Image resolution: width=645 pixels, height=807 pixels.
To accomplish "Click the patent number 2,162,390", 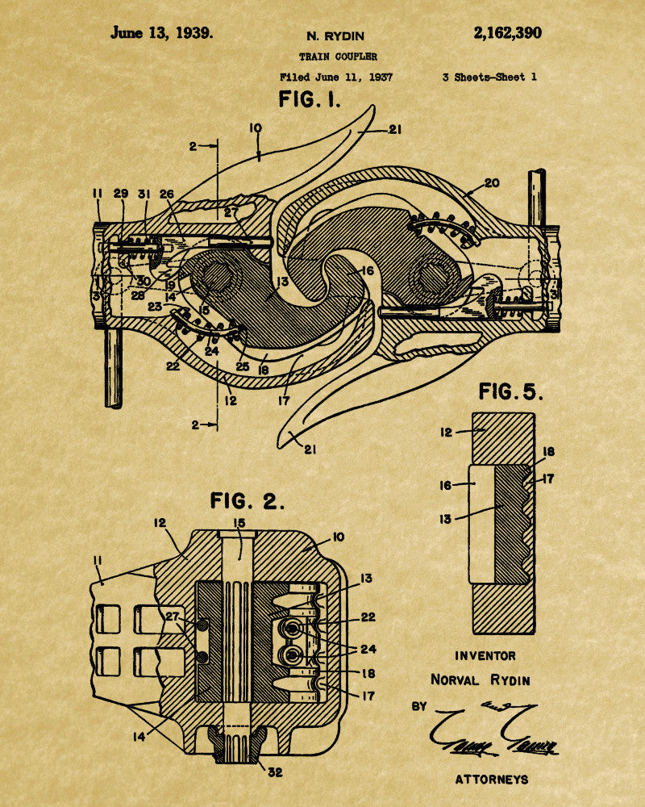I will pyautogui.click(x=507, y=33).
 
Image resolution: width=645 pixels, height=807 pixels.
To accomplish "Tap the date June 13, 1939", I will pyautogui.click(x=162, y=33).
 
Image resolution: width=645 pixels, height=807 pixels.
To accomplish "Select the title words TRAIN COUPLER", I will pyautogui.click(x=338, y=56).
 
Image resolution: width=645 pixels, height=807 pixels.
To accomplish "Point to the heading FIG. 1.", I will pyautogui.click(x=310, y=100).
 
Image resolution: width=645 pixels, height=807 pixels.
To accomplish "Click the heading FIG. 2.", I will pyautogui.click(x=248, y=500).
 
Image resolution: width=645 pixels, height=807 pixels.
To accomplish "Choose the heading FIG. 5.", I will pyautogui.click(x=510, y=392).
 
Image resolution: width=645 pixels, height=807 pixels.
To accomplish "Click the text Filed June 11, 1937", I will pyautogui.click(x=336, y=77).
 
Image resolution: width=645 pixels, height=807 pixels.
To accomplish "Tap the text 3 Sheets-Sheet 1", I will pyautogui.click(x=489, y=77).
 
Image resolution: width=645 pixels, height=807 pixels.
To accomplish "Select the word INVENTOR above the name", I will pyautogui.click(x=485, y=656).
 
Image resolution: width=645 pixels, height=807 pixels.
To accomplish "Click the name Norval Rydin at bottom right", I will pyautogui.click(x=480, y=679).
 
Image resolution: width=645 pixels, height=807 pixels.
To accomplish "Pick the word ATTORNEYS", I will pyautogui.click(x=491, y=779).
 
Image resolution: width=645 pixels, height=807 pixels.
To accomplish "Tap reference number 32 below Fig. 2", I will pyautogui.click(x=275, y=771).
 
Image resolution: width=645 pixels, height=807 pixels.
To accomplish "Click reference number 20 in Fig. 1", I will pyautogui.click(x=491, y=183).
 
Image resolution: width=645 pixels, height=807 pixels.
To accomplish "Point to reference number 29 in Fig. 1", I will pyautogui.click(x=121, y=194).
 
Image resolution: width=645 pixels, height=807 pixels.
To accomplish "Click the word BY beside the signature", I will pyautogui.click(x=419, y=706).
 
